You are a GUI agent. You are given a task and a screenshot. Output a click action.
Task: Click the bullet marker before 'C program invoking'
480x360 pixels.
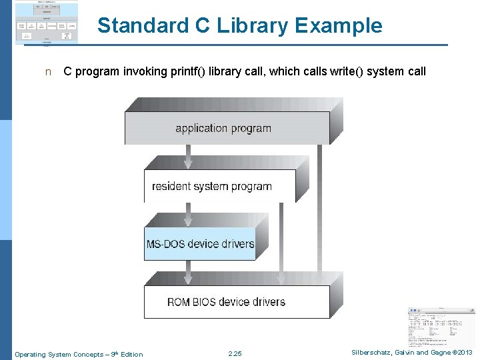pos(47,72)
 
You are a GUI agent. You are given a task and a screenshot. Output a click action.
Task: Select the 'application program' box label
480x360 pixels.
pos(223,128)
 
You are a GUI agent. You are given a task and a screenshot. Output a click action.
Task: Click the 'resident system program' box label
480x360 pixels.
pos(212,186)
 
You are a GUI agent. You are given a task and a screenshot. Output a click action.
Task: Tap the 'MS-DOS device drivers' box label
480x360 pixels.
pos(200,244)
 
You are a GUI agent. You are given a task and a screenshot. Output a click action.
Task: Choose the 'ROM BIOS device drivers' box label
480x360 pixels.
pos(226,302)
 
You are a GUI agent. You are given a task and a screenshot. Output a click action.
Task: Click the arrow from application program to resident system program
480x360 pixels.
pos(189,157)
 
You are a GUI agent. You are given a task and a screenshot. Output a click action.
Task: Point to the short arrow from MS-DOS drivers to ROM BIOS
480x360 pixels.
pos(189,272)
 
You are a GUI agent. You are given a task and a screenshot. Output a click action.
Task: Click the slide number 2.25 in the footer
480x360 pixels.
pos(235,354)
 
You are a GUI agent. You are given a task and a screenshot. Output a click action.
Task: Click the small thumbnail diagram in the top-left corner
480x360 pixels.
pos(46,23)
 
